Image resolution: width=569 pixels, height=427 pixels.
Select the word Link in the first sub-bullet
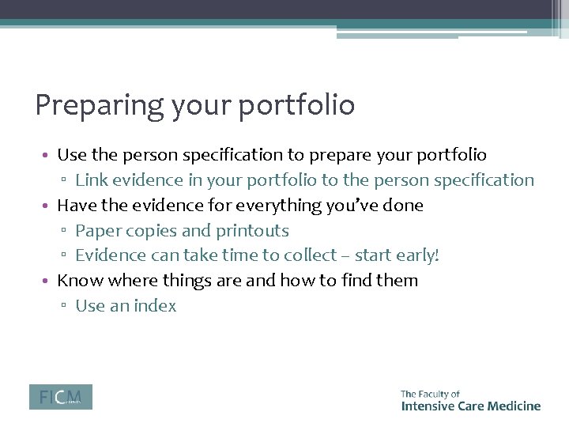click(91, 180)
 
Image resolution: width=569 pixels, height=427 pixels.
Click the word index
click(155, 306)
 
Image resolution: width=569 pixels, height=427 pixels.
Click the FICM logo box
click(61, 397)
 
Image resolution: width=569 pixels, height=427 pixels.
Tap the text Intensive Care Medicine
click(470, 406)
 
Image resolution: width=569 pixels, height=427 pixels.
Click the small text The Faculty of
click(430, 393)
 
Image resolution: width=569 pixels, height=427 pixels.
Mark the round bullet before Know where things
click(48, 282)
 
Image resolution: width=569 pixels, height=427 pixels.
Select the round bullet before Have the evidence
click(48, 206)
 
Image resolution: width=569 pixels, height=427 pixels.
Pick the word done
click(404, 206)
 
